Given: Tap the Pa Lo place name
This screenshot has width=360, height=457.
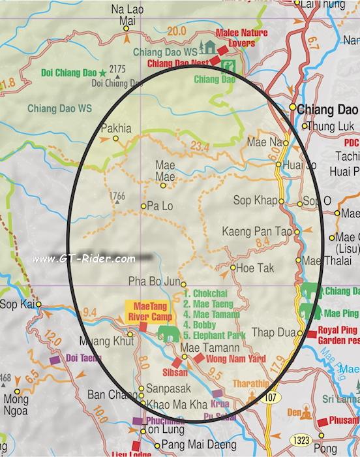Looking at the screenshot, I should click(160, 206).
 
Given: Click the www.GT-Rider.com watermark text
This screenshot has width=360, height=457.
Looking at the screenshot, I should click(83, 259).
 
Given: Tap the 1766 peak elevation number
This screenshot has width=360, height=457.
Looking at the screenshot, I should click(117, 196).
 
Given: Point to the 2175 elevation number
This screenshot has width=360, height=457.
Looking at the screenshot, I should click(117, 69).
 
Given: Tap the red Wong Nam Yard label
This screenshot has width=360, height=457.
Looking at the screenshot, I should click(228, 358).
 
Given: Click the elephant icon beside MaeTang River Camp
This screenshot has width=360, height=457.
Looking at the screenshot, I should click(168, 334).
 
